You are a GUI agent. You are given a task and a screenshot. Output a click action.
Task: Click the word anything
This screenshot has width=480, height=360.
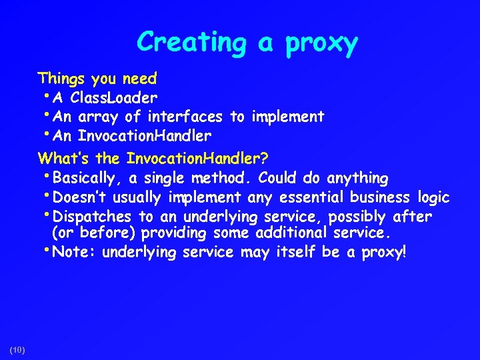(x=357, y=178)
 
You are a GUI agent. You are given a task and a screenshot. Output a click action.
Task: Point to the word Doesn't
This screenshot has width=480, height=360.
(x=77, y=197)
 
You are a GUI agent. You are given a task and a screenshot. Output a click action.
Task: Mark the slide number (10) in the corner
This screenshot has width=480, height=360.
(x=17, y=350)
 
